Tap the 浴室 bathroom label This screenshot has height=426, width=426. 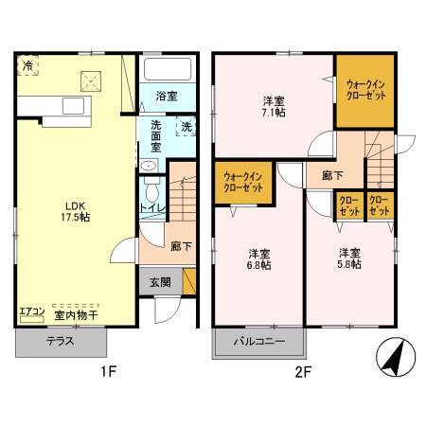point(167,96)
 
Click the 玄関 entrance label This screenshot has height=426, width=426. point(158,281)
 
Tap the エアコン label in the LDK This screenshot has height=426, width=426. point(30,313)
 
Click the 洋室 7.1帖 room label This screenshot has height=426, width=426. point(274,106)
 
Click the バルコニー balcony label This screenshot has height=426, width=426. point(259,342)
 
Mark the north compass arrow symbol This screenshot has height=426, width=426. point(393,357)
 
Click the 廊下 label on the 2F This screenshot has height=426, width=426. point(331,175)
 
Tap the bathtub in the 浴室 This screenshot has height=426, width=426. point(168,69)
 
